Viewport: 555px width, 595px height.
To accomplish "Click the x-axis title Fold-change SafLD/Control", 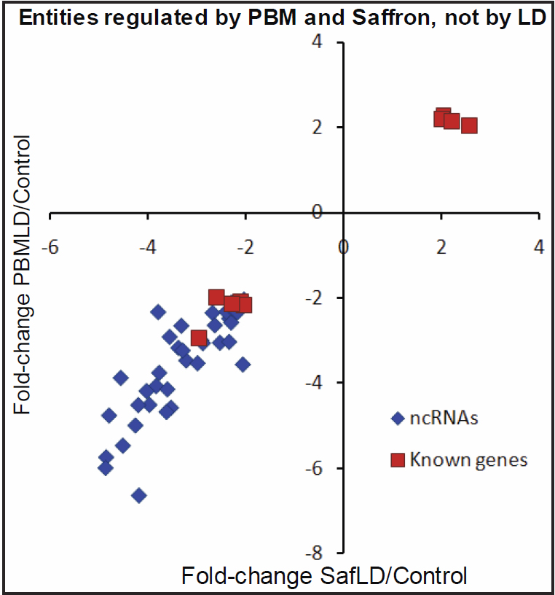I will (x=323, y=575).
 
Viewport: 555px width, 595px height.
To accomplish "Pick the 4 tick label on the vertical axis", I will (x=318, y=43).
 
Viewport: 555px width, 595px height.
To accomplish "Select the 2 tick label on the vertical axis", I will (x=318, y=128).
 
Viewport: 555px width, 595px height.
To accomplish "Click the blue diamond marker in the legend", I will (x=397, y=419).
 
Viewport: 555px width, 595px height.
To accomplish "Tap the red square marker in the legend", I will (x=397, y=460).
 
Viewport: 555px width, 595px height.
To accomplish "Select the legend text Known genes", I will (x=468, y=460).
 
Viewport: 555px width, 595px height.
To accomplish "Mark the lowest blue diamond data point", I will (x=138, y=495).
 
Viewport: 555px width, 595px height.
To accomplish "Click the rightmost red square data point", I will (x=469, y=125).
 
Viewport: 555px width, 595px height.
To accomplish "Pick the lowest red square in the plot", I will (x=199, y=338).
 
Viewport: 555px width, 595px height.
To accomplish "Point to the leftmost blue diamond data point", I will (x=105, y=467).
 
